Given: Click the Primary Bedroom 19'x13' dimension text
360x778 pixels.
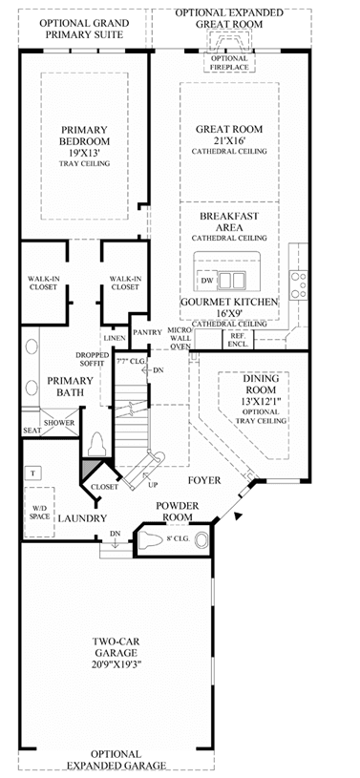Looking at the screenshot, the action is (84, 153).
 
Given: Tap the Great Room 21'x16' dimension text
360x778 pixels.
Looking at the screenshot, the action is (229, 140).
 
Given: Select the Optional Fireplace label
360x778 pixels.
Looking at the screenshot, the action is (229, 62).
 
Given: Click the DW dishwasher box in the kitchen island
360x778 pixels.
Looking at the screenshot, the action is (207, 281).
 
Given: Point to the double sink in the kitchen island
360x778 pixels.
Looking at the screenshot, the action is (232, 281).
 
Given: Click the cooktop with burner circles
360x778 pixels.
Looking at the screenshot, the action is (299, 285).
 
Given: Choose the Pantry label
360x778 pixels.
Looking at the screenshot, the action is (147, 332).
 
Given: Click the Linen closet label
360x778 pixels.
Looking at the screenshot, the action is (114, 337).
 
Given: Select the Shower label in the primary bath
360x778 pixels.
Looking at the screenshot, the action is (59, 423).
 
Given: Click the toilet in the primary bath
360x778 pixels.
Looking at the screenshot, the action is (97, 444).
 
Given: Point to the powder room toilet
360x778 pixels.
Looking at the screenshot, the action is (152, 538).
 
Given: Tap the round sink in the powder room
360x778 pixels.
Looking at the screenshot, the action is (201, 540).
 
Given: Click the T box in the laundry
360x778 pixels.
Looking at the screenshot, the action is (32, 473).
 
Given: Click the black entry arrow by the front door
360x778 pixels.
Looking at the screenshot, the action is (238, 516).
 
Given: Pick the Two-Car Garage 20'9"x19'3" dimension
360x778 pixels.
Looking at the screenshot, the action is (117, 663).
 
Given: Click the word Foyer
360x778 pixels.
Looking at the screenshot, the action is (204, 480).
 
